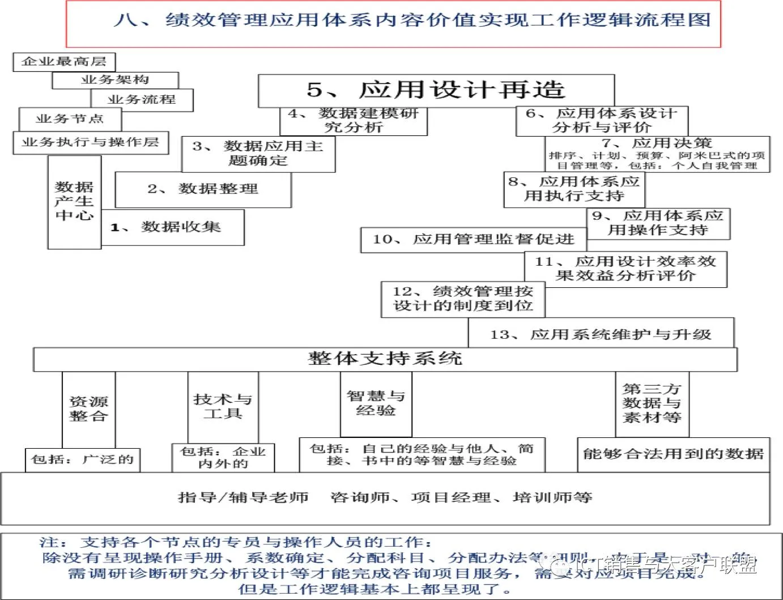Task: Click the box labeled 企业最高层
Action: (x=64, y=62)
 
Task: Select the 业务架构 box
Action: (x=115, y=80)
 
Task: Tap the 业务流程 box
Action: (x=142, y=100)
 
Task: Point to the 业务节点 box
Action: (x=70, y=119)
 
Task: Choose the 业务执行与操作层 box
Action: (x=91, y=142)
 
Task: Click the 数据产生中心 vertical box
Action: (x=74, y=202)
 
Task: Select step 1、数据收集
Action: (x=172, y=227)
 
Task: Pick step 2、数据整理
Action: (x=203, y=189)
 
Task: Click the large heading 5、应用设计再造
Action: (x=436, y=90)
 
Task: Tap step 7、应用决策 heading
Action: (x=657, y=143)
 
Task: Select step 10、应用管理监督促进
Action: (x=473, y=240)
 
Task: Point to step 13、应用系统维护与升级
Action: (x=601, y=334)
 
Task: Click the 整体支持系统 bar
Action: (x=385, y=359)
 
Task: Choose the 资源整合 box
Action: (x=88, y=409)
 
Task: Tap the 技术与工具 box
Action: (x=223, y=406)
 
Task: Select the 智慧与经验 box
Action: (x=376, y=403)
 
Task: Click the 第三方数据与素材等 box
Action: (x=652, y=403)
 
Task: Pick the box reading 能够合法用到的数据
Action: (x=673, y=454)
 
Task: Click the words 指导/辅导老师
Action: (x=243, y=497)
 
